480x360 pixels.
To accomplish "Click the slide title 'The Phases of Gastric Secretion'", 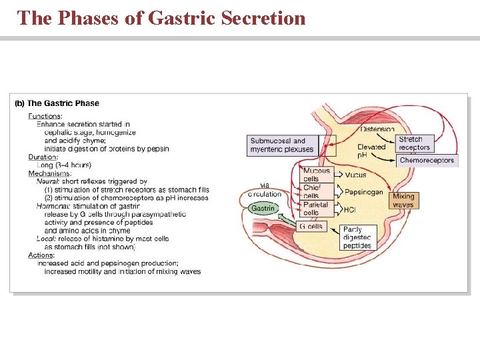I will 161,18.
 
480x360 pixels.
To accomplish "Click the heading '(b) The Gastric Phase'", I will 57,103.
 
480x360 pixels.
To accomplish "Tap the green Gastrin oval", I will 262,209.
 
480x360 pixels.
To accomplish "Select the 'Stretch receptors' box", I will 415,143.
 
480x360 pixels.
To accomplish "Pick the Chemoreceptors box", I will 427,160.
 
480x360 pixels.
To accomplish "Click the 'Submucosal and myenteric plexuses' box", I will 282,145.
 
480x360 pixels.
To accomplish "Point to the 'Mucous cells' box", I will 317,175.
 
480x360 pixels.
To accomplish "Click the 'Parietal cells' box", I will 315,209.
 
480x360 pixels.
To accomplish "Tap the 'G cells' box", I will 311,226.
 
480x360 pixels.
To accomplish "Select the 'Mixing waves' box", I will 403,201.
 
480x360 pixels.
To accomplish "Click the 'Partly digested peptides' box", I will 357,237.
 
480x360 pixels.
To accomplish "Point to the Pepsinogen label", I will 363,192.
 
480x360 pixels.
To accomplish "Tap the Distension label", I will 377,129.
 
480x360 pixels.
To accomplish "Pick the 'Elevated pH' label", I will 371,151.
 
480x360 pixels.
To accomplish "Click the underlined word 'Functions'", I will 45,116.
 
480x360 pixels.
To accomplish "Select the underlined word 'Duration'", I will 43,157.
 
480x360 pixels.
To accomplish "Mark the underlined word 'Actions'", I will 41,255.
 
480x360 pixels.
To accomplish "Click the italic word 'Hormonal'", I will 52,206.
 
